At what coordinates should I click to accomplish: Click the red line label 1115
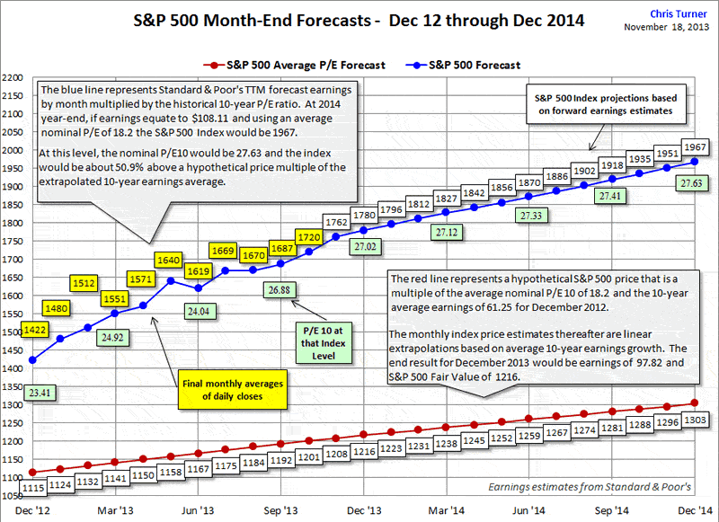(x=32, y=487)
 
